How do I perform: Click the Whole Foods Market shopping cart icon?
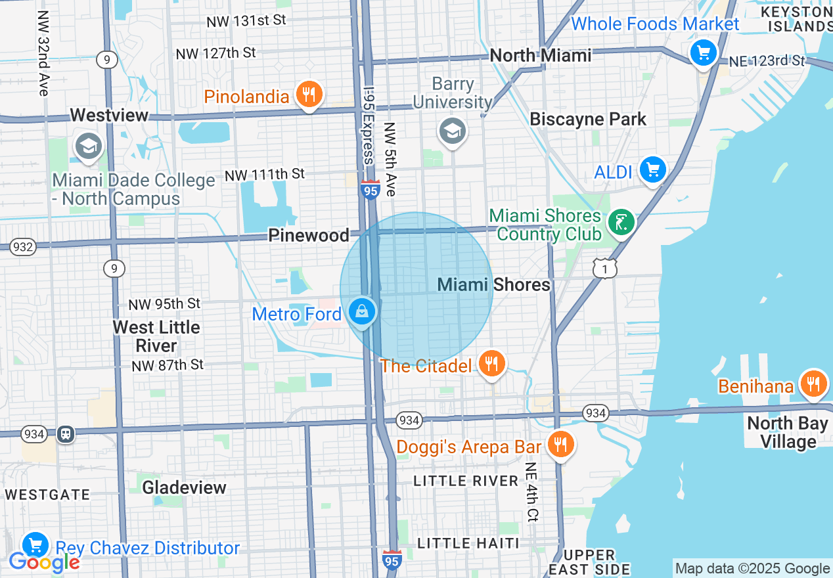tap(704, 52)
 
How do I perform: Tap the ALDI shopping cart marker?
tap(652, 170)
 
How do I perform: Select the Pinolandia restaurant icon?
tap(308, 95)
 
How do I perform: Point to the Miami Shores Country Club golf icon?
tap(621, 223)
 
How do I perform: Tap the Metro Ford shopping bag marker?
tap(362, 312)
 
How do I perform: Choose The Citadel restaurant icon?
tap(491, 363)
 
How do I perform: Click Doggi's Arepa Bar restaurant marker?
tap(560, 445)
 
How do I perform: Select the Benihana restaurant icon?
tap(813, 383)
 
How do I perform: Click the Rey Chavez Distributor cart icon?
tap(35, 545)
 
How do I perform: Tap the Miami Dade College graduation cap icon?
tap(87, 146)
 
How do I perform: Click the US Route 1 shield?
tap(605, 267)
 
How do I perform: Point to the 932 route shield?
tap(22, 247)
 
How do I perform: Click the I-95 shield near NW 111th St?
tap(370, 190)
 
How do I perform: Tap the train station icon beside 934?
tap(66, 433)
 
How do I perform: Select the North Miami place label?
tap(541, 55)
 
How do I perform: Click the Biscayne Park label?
tap(588, 120)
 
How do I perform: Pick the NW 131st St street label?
tap(246, 21)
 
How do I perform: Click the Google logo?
tap(44, 562)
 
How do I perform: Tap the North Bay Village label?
tap(787, 433)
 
